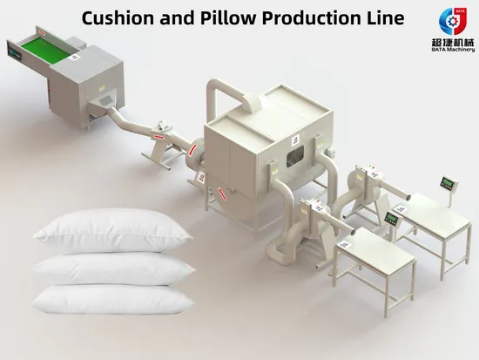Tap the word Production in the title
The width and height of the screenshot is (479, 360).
[x=310, y=18]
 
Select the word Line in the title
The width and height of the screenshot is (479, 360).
[x=384, y=18]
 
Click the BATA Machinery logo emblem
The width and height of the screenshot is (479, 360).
[x=453, y=22]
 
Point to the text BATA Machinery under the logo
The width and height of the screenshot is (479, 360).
[x=453, y=49]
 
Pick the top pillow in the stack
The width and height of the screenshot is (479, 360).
[x=113, y=230]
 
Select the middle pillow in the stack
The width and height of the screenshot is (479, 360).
[x=113, y=268]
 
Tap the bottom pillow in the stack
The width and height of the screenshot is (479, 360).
[x=113, y=300]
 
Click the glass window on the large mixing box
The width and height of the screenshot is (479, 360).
[x=294, y=156]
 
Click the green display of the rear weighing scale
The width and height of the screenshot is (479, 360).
[x=448, y=184]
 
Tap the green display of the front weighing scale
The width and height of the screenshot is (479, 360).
[x=391, y=219]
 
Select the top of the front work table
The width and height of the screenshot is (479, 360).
[x=375, y=248]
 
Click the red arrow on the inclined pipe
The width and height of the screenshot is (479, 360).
[x=159, y=136]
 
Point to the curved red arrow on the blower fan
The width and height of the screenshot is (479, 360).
[x=192, y=151]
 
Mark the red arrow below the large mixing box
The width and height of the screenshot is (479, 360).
[x=222, y=194]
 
